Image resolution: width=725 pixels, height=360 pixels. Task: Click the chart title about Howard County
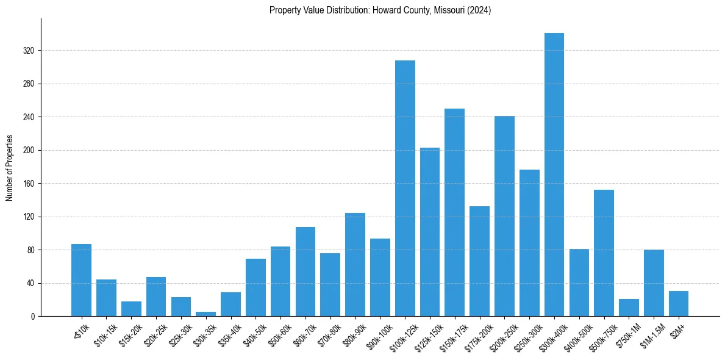click(x=380, y=10)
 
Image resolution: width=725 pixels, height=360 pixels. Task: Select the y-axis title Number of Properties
click(x=9, y=167)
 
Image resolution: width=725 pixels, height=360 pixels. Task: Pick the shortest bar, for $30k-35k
click(x=205, y=314)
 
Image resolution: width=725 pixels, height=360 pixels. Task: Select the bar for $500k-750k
click(x=604, y=253)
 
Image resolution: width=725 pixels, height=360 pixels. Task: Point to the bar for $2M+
click(x=678, y=304)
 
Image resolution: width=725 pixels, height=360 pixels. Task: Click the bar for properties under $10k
click(x=81, y=280)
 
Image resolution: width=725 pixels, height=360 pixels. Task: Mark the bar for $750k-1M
click(x=629, y=308)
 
